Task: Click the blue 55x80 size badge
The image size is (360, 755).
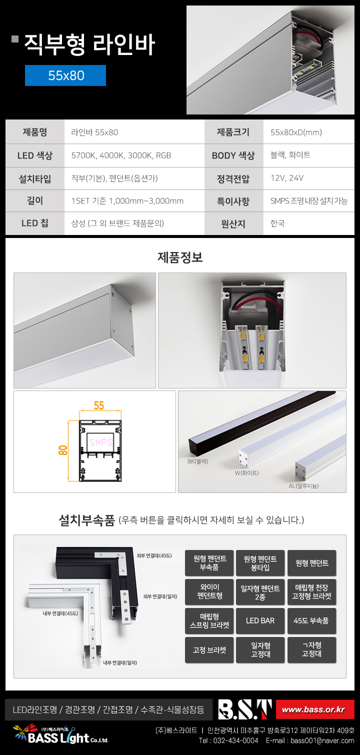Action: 65,75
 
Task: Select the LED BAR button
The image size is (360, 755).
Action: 260,620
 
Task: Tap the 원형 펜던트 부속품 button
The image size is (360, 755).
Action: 209,562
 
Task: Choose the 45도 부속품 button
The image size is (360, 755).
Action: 311,620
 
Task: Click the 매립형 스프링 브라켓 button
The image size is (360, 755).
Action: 209,620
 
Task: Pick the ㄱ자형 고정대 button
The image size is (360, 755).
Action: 311,649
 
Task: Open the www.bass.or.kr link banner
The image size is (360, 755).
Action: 315,709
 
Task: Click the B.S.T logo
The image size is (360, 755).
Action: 245,709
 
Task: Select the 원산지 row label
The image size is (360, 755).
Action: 233,224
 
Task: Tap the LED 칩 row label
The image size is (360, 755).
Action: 34,223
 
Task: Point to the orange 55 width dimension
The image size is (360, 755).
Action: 99,405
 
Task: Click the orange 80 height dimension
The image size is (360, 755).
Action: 63,450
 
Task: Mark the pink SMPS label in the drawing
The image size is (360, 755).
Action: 101,442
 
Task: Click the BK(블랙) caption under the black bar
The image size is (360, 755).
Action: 198,461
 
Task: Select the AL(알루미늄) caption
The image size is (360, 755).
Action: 303,485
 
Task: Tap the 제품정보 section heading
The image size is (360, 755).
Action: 180,257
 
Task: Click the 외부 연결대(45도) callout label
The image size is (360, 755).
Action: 154,555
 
